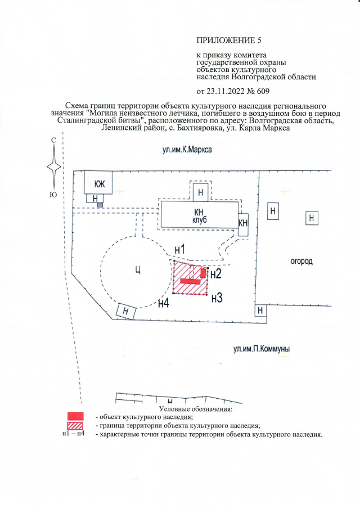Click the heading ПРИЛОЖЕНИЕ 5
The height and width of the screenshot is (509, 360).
pos(229,40)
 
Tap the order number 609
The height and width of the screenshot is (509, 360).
pos(263,91)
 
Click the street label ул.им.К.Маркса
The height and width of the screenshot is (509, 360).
pos(187,150)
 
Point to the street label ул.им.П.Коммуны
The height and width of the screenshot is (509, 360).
pos(262,349)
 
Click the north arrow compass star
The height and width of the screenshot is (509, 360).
pos(54,167)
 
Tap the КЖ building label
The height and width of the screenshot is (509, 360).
pos(100,184)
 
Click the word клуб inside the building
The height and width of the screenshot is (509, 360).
pos(199,220)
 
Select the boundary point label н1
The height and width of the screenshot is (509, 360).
pos(180,250)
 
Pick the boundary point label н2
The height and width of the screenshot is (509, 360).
pos(216,274)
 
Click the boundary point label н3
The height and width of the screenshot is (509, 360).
pos(217,298)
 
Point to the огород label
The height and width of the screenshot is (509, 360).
pos(301,262)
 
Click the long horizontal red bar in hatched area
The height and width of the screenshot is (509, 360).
pos(190,281)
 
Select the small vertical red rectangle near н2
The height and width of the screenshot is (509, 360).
pos(203,273)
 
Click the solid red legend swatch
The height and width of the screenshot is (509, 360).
pos(75,416)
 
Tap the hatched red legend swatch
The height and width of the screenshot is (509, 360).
pos(75,426)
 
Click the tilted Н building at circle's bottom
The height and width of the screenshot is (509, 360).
pos(126,312)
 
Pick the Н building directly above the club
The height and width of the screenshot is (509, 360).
pos(201,193)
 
